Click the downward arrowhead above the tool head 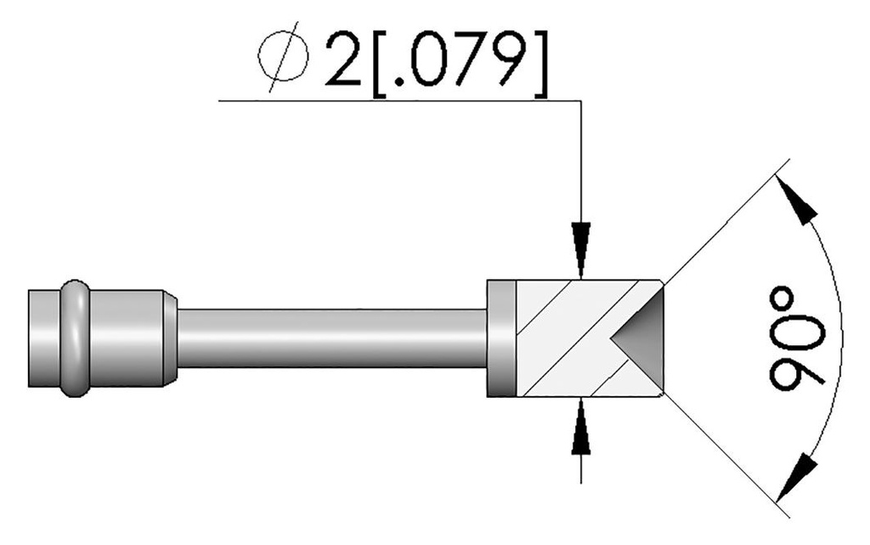tap(580, 251)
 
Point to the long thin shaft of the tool tap(331, 338)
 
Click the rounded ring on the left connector tap(74, 338)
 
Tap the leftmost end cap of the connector tap(42, 338)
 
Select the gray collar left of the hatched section tap(501, 338)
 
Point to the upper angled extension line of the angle tap(722, 225)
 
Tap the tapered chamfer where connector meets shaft tap(171, 338)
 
